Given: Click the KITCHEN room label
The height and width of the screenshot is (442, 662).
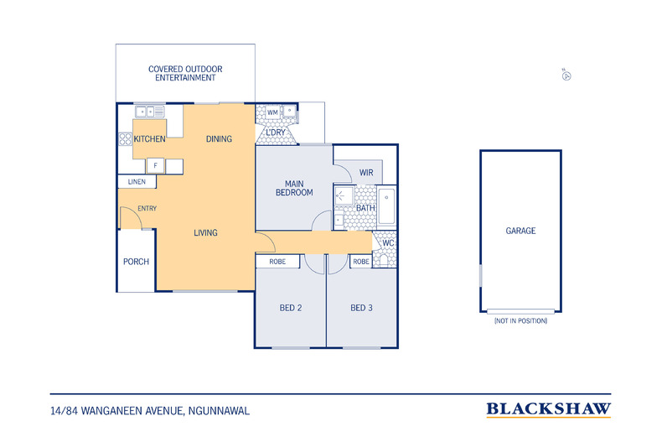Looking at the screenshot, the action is click(149, 138).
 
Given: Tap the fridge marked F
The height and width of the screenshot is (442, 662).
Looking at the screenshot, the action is click(155, 165).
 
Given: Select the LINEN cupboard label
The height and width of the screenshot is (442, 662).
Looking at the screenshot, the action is click(137, 182).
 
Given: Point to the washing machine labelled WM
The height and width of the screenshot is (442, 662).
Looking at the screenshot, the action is click(272, 112).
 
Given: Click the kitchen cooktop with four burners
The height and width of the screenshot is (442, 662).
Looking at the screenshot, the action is click(125, 139).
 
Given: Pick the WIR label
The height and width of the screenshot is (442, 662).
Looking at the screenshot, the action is click(366, 173).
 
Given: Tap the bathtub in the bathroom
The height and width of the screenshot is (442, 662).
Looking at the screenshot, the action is click(386, 206).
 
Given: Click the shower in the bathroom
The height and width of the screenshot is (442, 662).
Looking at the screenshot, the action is click(344, 195).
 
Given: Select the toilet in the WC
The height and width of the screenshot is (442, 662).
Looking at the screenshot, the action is click(383, 259).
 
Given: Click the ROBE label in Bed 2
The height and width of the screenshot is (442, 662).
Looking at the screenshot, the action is click(277, 262).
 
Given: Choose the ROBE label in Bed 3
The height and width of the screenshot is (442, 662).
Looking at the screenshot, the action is click(361, 262).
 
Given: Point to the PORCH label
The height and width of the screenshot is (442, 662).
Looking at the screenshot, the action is click(136, 262).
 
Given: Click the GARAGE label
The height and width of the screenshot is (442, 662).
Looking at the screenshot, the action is click(520, 231).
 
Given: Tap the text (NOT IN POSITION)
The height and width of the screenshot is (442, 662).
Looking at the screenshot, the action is click(520, 320).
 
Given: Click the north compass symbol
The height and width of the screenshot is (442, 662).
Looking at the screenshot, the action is click(566, 75).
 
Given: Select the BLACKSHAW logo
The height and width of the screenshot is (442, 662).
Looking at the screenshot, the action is click(548, 409).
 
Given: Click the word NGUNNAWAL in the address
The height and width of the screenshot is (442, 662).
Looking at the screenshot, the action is click(219, 411).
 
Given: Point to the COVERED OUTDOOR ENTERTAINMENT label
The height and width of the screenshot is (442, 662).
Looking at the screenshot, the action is click(185, 73).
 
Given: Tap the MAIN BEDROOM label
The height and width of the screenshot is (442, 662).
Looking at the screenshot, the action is click(294, 188).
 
